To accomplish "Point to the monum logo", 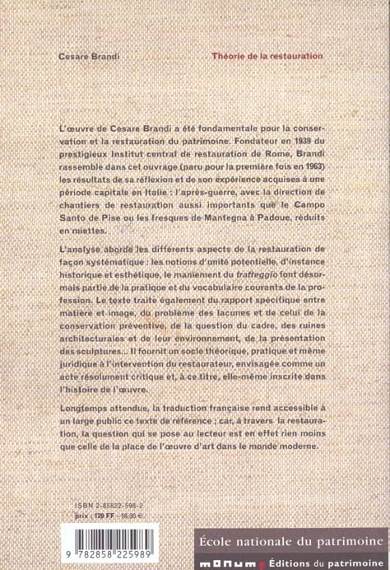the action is pyautogui.click(x=215, y=562).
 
